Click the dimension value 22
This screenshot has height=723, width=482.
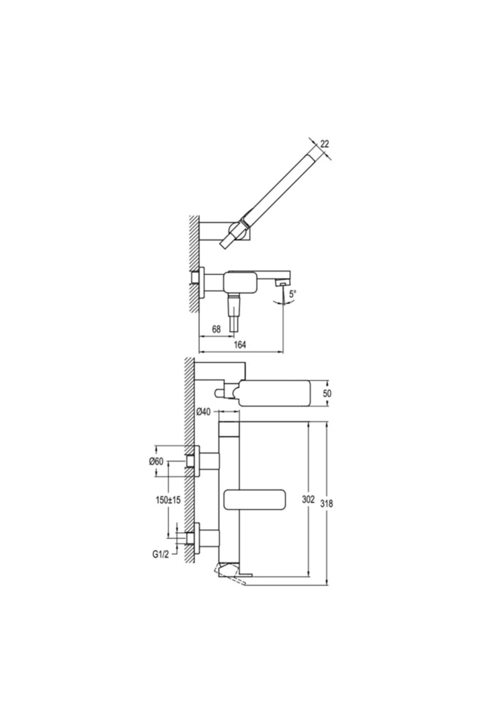click(325, 144)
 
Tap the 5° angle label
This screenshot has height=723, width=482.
click(292, 294)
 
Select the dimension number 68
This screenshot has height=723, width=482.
click(216, 329)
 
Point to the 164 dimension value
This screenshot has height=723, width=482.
click(240, 345)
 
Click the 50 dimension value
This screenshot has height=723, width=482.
click(327, 394)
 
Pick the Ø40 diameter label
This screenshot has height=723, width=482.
click(204, 412)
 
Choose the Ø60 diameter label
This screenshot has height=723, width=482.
click(156, 462)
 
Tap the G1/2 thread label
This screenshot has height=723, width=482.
click(160, 554)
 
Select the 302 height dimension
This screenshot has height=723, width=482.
click(308, 500)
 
